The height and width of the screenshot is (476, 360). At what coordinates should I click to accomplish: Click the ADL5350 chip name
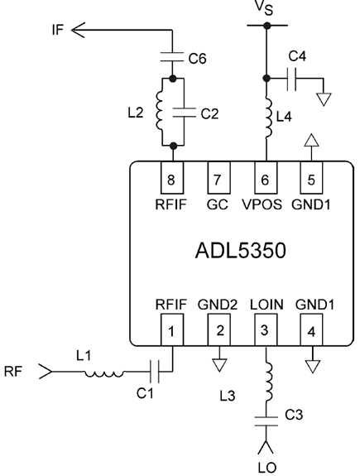(240, 251)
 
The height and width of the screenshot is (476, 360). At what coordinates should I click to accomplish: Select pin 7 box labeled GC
(218, 178)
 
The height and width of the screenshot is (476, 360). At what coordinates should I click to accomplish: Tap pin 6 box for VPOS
(266, 178)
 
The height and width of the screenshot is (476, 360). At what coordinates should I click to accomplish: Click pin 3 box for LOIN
(266, 329)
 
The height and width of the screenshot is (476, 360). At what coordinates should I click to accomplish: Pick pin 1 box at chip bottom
(172, 329)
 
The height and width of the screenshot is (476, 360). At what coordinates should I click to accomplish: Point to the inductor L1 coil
(104, 373)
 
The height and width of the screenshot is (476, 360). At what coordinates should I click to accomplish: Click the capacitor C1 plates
(154, 371)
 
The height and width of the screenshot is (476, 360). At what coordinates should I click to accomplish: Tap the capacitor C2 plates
(184, 113)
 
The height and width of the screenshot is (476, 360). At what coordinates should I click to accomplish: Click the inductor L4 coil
(269, 118)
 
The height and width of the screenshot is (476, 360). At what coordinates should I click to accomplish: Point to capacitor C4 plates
(291, 79)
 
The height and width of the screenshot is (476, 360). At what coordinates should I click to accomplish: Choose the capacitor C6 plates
(172, 57)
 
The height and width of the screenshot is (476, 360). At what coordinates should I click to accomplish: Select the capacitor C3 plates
(266, 421)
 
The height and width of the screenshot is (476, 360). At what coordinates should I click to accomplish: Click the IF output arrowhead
(78, 30)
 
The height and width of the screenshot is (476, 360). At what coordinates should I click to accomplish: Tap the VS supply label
(264, 7)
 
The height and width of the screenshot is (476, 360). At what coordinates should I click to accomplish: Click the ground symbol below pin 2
(219, 365)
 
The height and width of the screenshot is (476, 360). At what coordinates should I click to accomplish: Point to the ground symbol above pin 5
(311, 140)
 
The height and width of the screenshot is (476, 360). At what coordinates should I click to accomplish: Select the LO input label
(267, 469)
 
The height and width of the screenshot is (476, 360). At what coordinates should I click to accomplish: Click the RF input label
(13, 371)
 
